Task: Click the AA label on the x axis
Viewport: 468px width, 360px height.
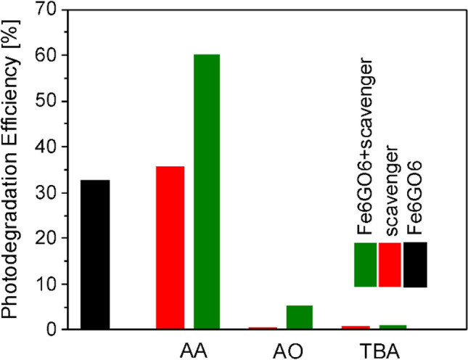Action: tap(192, 348)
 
